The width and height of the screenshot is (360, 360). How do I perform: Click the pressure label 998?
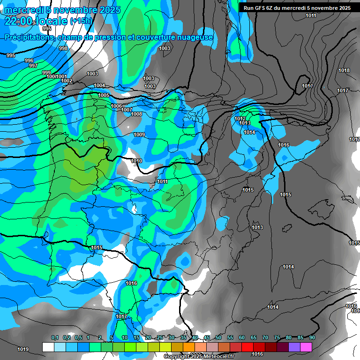point(63,49)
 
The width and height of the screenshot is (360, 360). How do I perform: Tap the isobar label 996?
point(29,60)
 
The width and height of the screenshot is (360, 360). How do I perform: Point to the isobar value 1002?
point(67,81)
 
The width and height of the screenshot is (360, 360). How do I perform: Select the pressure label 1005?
point(104,95)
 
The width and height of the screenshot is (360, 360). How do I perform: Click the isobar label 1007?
point(127,110)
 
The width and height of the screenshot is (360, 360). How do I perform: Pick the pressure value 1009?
point(139,135)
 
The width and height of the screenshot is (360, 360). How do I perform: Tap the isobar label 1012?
point(240,119)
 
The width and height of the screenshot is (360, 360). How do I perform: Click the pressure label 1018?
point(344,70)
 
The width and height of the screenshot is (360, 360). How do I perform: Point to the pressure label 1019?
point(22,349)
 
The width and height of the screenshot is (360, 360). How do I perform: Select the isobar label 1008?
point(136,114)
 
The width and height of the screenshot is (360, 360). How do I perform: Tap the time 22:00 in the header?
point(19,21)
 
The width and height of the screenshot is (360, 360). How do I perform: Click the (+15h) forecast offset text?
point(81,22)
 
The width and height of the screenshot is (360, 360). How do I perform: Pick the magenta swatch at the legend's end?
point(306,347)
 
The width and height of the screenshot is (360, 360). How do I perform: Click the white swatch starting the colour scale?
point(48,347)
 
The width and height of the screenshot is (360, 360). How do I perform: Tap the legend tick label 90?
point(312,337)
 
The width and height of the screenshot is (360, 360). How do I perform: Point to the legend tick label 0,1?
point(55,337)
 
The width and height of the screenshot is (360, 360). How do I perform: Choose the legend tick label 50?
point(218,337)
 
